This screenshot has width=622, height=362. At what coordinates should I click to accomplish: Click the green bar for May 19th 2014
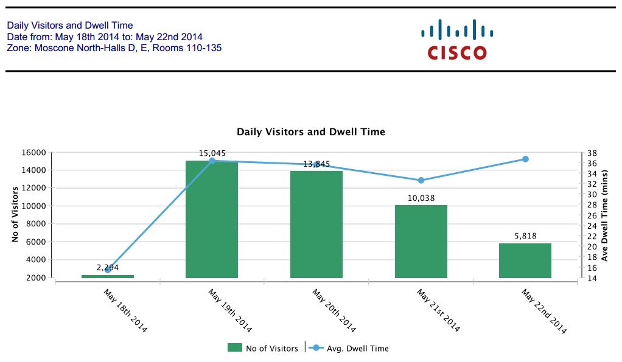tap(211, 219)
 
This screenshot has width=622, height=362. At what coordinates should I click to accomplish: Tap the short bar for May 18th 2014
tap(108, 276)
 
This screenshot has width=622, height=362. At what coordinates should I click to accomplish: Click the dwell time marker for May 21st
tap(421, 180)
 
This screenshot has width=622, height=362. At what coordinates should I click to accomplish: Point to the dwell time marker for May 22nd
tap(525, 159)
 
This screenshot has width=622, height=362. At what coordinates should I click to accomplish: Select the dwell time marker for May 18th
tap(108, 270)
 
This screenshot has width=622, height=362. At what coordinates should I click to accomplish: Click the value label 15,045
tap(212, 153)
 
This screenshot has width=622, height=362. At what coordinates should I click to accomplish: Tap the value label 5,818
tap(525, 236)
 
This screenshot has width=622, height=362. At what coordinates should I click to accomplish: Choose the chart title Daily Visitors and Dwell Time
tap(310, 131)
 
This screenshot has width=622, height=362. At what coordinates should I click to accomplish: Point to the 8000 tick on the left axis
tap(37, 224)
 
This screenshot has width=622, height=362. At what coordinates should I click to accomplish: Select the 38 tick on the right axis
tap(590, 153)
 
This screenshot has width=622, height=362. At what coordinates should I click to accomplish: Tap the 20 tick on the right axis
tap(590, 246)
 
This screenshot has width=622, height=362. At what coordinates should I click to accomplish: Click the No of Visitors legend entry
tap(263, 348)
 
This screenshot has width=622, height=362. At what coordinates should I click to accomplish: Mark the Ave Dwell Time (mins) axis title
tap(605, 215)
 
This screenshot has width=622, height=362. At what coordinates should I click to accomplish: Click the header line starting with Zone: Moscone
tap(114, 47)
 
